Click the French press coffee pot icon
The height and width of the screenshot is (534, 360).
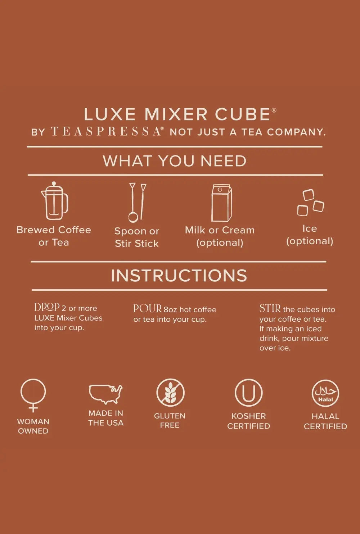coord(55,201)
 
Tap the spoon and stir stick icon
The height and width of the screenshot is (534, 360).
coord(137,202)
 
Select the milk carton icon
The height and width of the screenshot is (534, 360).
coord(221,203)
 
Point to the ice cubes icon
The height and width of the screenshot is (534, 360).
coord(310,203)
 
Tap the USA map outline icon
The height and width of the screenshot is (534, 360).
coord(106,394)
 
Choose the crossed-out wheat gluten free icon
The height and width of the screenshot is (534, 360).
coord(170,393)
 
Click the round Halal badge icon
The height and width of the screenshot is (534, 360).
coord(325,393)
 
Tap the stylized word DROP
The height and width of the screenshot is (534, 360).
coord(47,307)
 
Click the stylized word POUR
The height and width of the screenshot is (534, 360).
coord(148,308)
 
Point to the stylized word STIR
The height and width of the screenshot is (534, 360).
coord(270,308)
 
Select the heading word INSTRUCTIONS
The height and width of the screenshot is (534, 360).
coord(179,276)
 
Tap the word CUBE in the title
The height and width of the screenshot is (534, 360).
coord(243,114)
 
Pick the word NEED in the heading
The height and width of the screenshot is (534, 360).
coord(223,161)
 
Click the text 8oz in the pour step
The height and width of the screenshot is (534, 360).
coord(170,309)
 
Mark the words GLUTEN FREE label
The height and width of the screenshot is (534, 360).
coord(170,421)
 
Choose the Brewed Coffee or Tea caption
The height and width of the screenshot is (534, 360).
coord(54,236)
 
